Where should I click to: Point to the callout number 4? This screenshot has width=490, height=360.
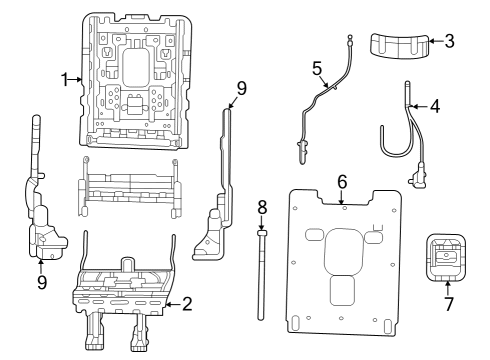click(435, 104)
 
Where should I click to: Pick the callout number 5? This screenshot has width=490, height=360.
click(317, 69)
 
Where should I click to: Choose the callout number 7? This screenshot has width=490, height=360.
click(447, 301)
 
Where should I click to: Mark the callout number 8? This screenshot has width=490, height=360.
click(262, 209)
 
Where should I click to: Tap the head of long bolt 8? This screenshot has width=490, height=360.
click(262, 230)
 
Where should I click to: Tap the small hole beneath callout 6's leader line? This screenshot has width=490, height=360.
click(344, 208)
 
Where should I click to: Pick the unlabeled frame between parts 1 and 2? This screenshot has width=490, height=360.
click(131, 186)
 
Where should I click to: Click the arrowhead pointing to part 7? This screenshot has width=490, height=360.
click(447, 285)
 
